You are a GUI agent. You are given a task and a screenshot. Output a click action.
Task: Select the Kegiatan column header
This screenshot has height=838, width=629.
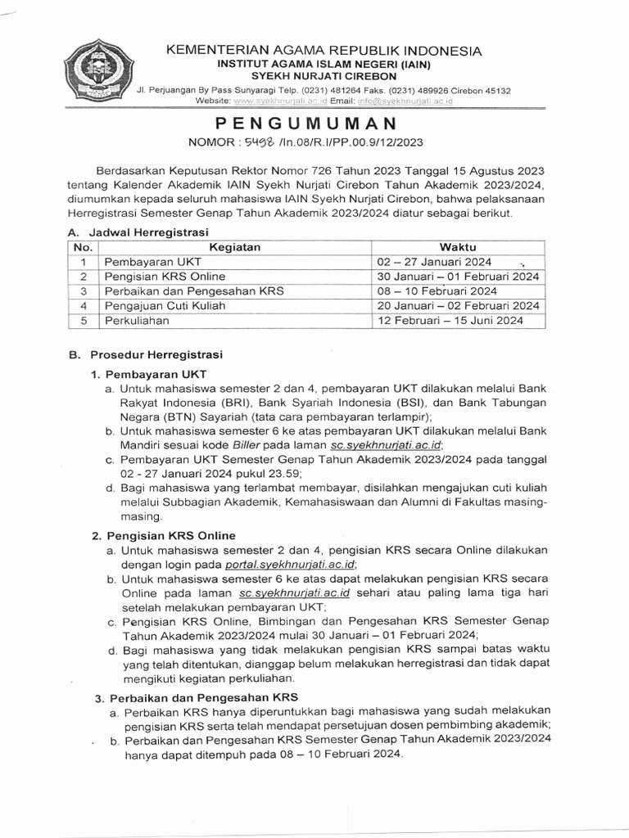click(234, 247)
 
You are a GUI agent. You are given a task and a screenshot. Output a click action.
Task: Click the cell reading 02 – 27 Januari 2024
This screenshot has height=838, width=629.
click(433, 262)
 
